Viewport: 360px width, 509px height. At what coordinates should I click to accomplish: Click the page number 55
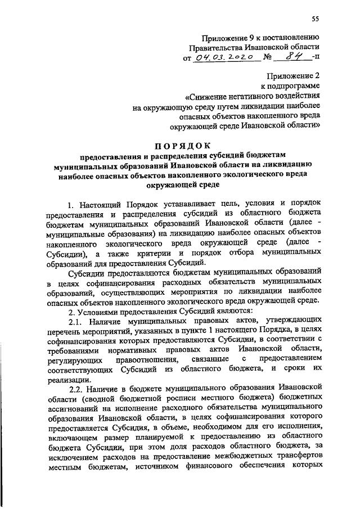[x=316, y=20]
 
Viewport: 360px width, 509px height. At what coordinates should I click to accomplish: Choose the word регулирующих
[x=71, y=359]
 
